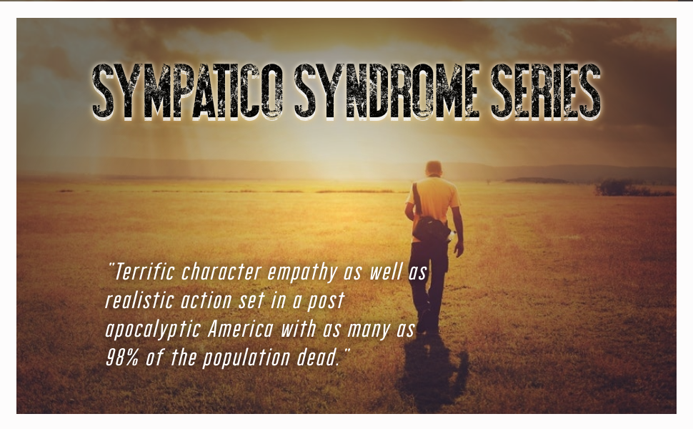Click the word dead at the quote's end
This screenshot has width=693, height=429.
point(319,358)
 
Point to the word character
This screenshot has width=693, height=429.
point(224,272)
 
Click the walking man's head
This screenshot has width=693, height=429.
point(434,169)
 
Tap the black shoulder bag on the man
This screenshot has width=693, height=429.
point(431,229)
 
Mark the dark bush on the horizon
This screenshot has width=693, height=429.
point(614,187)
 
